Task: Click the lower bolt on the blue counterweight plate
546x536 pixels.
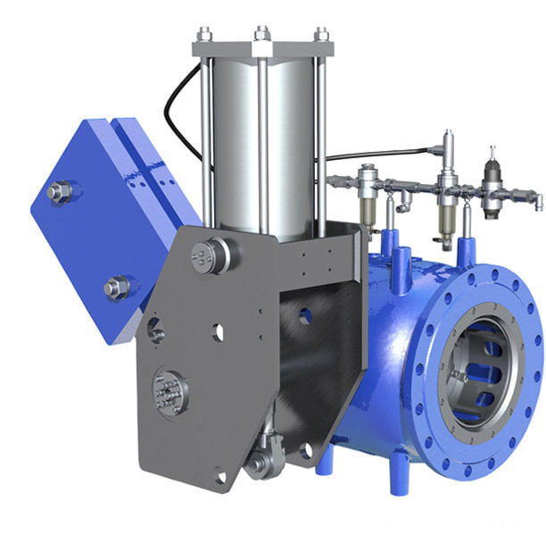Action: [115, 288]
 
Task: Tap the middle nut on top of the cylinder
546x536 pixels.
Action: [261, 35]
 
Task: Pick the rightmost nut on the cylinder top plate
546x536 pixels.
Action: [321, 36]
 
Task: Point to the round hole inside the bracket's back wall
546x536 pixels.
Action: [305, 315]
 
